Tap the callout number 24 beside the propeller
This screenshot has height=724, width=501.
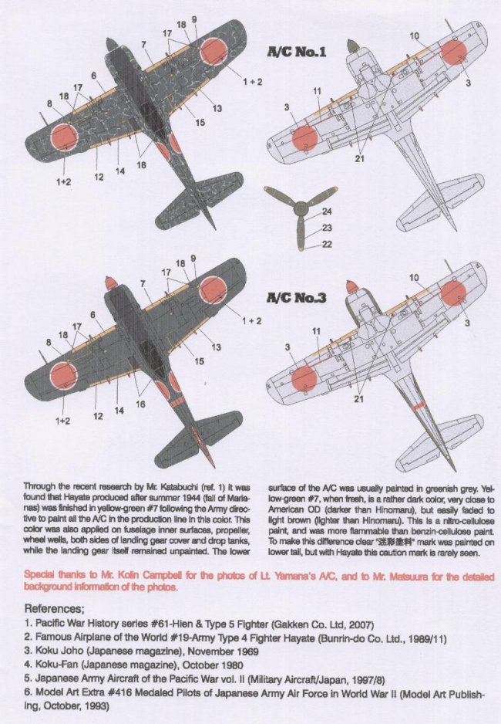pos(327,211)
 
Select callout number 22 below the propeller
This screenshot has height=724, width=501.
pos(327,245)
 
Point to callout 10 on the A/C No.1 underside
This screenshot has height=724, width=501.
pos(414,36)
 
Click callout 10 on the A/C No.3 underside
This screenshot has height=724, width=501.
pos(414,277)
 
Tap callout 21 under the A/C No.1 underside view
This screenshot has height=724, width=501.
pos(358,158)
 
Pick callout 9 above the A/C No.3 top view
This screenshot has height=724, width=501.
pos(193,258)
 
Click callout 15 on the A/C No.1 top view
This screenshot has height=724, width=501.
pos(200,122)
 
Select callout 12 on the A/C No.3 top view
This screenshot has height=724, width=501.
pos(99,416)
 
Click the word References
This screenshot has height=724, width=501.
pos(55,608)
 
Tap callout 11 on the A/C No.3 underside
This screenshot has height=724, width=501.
pos(317,331)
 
